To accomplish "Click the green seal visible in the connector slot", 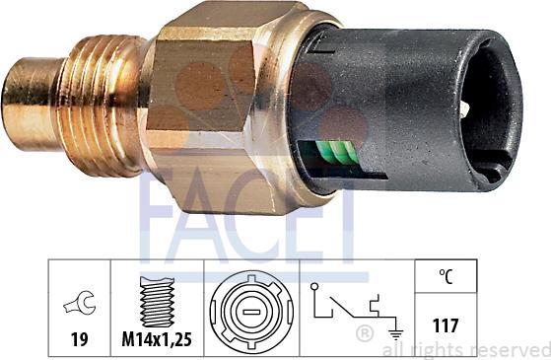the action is point(337,152).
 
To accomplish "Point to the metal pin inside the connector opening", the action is point(465,108).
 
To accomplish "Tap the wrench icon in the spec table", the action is point(80,303).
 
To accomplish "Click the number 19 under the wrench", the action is point(80,339).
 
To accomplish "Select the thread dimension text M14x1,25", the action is point(157,339).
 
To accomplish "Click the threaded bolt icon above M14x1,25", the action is point(157,302).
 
